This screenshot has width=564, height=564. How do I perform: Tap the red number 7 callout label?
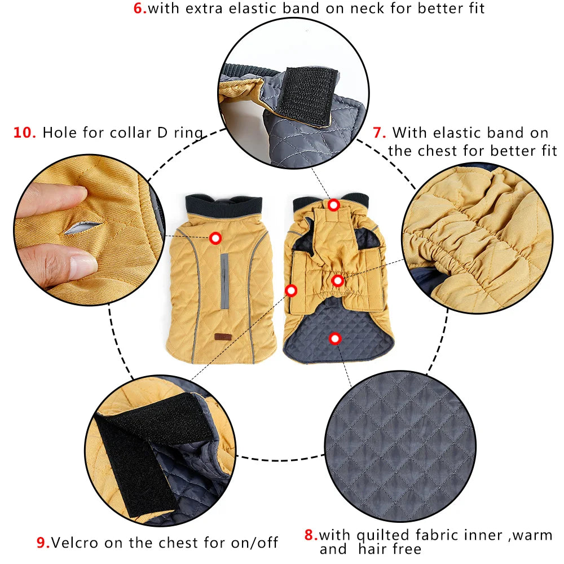click(379, 133)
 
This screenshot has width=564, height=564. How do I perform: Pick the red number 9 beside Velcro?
click(43, 543)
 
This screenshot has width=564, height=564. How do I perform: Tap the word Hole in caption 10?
click(59, 133)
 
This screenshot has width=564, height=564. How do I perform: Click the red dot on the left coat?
click(215, 238)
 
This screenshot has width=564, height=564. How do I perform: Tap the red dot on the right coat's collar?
click(333, 205)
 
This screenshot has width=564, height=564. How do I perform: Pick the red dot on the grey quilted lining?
click(335, 338)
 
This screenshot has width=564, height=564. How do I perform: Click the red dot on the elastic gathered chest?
click(337, 280)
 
